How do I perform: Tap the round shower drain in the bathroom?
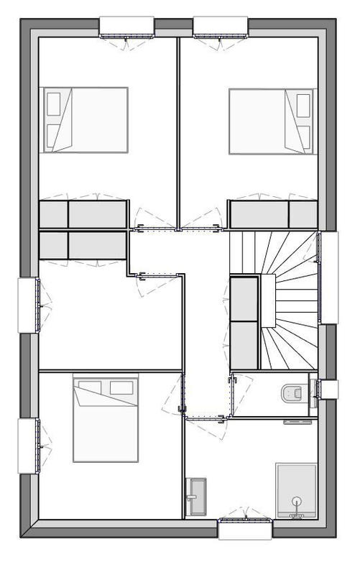click(x=296, y=500)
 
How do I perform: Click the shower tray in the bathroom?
click(x=296, y=489)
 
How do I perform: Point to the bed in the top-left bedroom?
click(x=85, y=120)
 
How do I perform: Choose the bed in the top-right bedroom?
click(x=272, y=121)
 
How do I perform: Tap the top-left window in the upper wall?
click(x=126, y=27)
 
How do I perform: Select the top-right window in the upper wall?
click(x=221, y=27)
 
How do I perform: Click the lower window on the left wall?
click(x=27, y=446)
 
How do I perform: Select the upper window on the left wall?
click(x=27, y=305)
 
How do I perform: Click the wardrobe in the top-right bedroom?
click(x=273, y=214)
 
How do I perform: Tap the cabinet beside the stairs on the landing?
click(x=244, y=321)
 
